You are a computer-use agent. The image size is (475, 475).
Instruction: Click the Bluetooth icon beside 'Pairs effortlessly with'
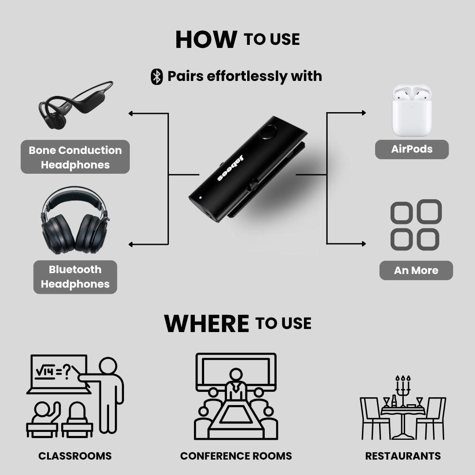[x=157, y=77]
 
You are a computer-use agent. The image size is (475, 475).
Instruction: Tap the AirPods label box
[x=412, y=150]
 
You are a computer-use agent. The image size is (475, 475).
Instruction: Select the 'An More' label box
[x=416, y=270]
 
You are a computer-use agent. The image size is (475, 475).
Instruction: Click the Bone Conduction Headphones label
[x=75, y=157]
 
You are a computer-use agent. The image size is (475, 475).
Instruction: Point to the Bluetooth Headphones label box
[x=75, y=277]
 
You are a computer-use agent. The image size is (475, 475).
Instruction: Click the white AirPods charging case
[x=412, y=110]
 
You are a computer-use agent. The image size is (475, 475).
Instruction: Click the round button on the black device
[x=268, y=132]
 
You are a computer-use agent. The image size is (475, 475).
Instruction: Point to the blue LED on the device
[x=200, y=198]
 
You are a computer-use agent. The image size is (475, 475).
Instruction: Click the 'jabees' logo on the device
[x=230, y=168]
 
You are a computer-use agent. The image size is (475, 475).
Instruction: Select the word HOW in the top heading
[x=206, y=40]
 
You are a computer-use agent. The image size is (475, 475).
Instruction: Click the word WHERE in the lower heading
[x=207, y=323]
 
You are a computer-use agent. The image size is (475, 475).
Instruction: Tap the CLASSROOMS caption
[x=75, y=456]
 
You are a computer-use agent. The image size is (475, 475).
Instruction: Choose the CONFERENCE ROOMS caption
[x=236, y=456]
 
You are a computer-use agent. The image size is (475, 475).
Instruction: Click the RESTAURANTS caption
[x=403, y=456]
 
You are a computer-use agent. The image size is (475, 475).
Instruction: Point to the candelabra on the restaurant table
[x=403, y=391]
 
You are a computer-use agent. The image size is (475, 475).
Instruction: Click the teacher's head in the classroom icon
[x=108, y=366]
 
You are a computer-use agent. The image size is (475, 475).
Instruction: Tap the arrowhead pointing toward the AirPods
[x=364, y=113]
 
